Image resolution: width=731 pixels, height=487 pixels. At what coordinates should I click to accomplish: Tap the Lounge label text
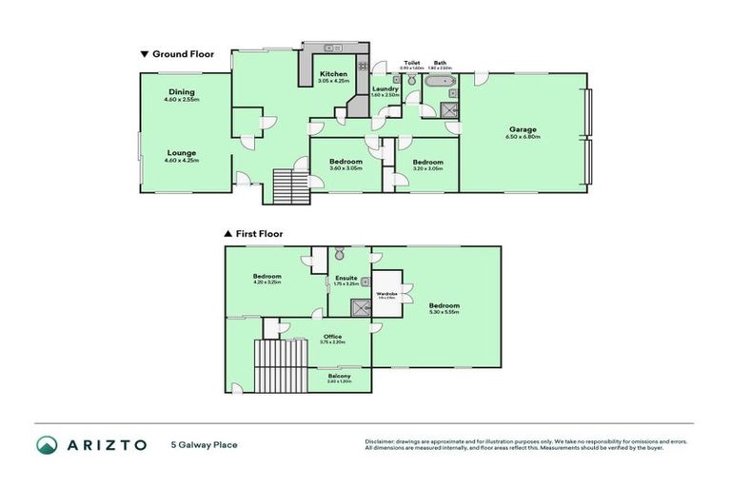(x=182, y=152)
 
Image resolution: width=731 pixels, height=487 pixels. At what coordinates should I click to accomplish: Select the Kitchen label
(x=332, y=74)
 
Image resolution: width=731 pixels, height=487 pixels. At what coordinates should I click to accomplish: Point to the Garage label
(x=523, y=129)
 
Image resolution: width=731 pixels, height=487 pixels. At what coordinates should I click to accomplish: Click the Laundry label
(x=385, y=88)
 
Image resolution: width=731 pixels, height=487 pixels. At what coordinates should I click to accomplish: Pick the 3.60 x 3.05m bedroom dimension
(x=345, y=169)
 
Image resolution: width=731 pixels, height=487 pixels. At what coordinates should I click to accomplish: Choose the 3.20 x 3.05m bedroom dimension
(x=427, y=169)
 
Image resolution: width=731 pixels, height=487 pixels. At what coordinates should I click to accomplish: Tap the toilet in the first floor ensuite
(x=339, y=255)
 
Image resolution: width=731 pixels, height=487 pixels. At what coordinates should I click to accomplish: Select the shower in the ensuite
(x=361, y=306)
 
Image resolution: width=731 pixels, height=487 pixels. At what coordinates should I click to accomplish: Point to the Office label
(x=332, y=336)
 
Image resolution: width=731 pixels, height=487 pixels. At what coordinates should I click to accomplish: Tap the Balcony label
(x=340, y=377)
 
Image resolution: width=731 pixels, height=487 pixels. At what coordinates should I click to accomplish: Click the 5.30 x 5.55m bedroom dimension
(x=445, y=312)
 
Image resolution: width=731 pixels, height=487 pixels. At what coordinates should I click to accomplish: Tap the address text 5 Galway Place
(x=204, y=445)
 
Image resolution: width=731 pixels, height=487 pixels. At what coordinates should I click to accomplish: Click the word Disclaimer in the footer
(x=381, y=442)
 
